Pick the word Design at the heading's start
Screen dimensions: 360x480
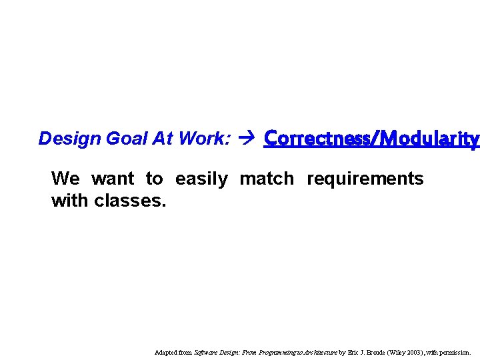click(61, 139)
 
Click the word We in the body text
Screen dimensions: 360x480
click(65, 179)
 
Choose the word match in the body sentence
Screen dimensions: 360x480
click(267, 179)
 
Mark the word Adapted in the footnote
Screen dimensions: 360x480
click(165, 352)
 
